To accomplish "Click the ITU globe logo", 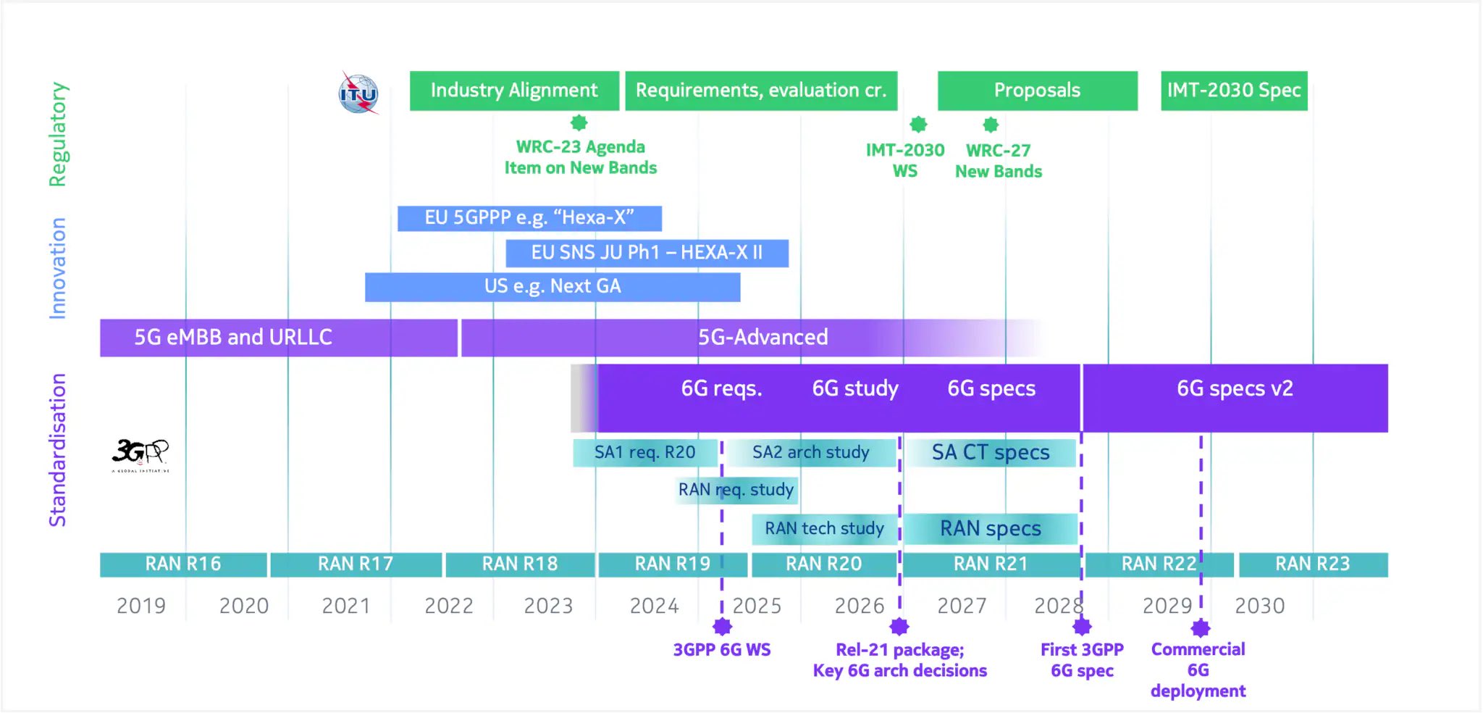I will click(x=358, y=93).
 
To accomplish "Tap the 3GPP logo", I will click(x=140, y=454).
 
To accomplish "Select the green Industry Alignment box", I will click(x=514, y=91).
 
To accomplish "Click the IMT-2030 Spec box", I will click(x=1234, y=91).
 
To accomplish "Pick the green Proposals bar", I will click(x=1037, y=91).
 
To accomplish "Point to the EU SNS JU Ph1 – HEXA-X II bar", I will click(x=647, y=253).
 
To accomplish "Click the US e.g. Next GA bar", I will click(x=553, y=287).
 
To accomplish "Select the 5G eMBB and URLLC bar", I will click(x=278, y=338).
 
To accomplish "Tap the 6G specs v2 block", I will click(x=1235, y=398).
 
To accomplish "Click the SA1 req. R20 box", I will click(x=644, y=453).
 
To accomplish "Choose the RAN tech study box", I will click(x=824, y=529).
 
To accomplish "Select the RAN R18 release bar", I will click(x=520, y=564).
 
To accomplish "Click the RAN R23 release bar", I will click(x=1312, y=564).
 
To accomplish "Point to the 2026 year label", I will click(x=860, y=606).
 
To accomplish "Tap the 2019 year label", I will click(x=141, y=606).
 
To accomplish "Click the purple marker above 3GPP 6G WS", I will click(x=722, y=627).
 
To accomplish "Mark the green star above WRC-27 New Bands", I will click(x=991, y=125).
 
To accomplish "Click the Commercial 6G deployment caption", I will click(x=1198, y=670).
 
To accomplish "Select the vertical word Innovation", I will click(x=57, y=268).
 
